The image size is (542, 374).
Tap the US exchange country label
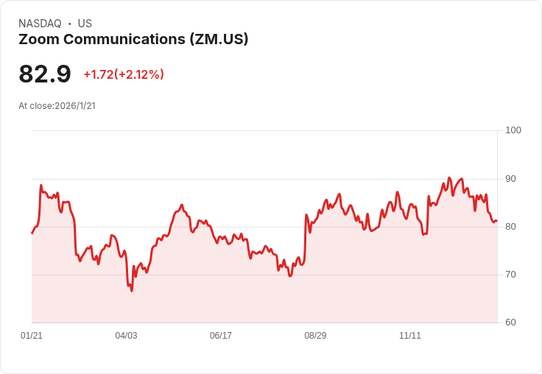(x=85, y=24)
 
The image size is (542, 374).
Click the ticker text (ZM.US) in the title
(x=219, y=39)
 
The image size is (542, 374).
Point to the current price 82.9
(x=45, y=74)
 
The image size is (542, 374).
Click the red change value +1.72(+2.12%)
(x=124, y=74)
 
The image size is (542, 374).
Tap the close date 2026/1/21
(x=75, y=106)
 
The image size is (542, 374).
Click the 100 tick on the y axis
(x=513, y=130)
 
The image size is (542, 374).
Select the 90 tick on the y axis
(x=511, y=179)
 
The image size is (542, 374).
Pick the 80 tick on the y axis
(x=511, y=227)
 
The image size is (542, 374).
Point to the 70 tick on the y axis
(x=511, y=275)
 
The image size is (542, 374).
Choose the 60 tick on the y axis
(x=511, y=322)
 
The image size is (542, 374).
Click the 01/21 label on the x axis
(x=32, y=336)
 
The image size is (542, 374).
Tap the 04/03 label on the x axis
(x=126, y=336)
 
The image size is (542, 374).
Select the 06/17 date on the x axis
(x=221, y=336)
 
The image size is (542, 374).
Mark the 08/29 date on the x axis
(x=315, y=336)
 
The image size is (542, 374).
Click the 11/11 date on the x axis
(x=410, y=336)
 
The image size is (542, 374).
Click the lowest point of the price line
(x=132, y=291)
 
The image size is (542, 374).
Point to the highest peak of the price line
(x=449, y=178)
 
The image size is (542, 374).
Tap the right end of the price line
(x=497, y=221)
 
